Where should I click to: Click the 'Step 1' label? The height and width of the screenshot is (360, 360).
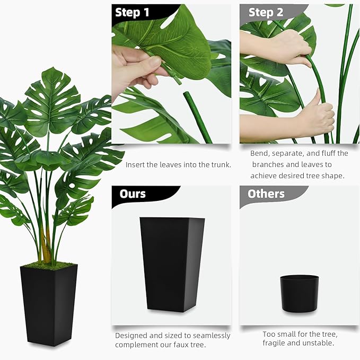coord(132,13)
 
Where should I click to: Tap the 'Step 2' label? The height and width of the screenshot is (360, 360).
coord(266,13)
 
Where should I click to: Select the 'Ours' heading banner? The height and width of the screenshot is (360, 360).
coord(133,194)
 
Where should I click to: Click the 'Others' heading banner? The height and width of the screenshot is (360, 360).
coord(266,194)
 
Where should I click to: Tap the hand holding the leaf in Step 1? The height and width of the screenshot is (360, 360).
coord(133,69)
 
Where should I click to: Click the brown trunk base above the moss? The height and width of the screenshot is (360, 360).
coord(46,249)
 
